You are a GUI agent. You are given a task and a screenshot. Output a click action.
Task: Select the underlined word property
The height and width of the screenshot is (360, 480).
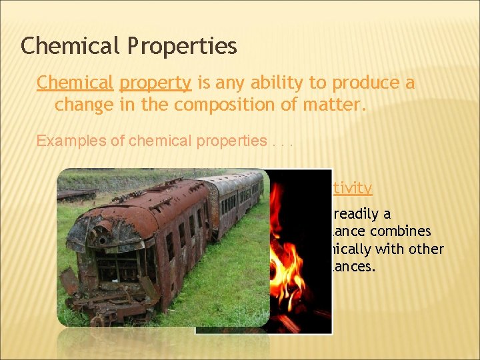coord(155,83)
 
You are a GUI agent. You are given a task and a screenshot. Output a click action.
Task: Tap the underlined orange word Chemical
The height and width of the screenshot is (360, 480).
coord(75,83)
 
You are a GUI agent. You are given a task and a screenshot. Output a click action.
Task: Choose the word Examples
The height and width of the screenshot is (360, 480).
coord(64,141)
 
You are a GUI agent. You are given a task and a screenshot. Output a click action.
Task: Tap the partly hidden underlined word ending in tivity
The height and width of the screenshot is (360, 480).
coord(353,188)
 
